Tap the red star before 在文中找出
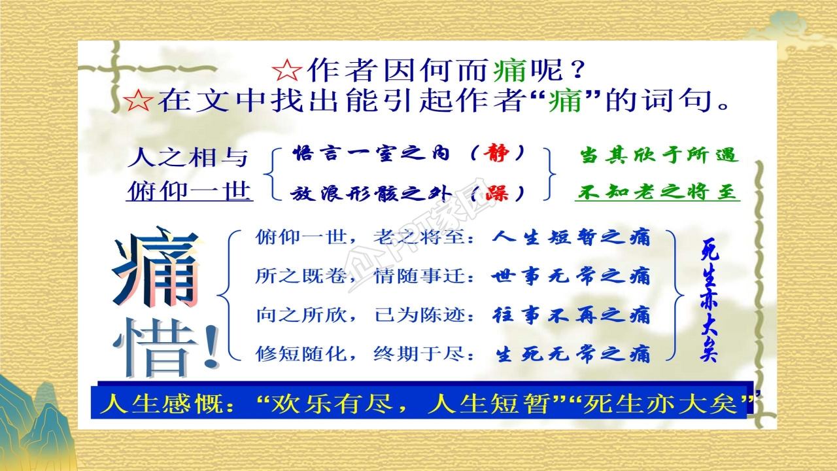click(138, 101)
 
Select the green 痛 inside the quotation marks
click(566, 101)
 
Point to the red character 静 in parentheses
click(498, 154)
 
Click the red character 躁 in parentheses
click(498, 192)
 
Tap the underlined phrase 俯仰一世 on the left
click(189, 192)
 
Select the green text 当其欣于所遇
click(658, 155)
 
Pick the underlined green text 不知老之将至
click(657, 192)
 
